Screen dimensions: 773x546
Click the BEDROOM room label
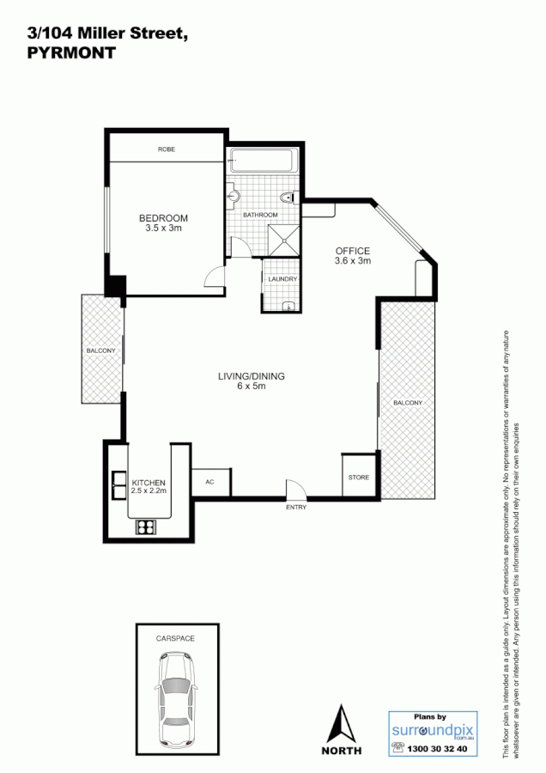point(163,218)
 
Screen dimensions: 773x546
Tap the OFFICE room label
point(352,251)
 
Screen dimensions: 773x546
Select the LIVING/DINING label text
point(251,376)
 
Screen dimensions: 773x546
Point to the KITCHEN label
point(149,483)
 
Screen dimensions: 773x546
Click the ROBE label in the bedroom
point(167,149)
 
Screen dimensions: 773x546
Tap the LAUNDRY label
point(282,279)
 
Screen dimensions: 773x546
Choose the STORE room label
point(358,477)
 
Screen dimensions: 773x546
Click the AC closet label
point(209,482)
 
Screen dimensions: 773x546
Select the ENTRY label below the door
point(296,508)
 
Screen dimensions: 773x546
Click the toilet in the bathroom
point(293,198)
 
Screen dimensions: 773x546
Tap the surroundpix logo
point(431,731)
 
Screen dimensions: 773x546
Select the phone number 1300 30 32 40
point(439,749)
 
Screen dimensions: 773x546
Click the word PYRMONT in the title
point(72,51)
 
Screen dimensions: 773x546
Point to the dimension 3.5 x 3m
point(163,228)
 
